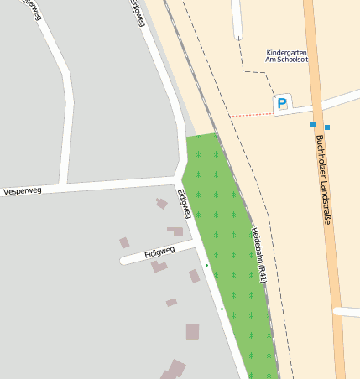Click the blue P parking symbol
click(x=282, y=104)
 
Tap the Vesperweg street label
click(x=23, y=191)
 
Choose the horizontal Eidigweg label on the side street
click(x=159, y=251)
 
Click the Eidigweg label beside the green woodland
click(x=185, y=204)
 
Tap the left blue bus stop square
click(x=313, y=124)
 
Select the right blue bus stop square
click(x=327, y=127)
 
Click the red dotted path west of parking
click(x=249, y=113)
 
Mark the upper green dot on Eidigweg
click(x=206, y=266)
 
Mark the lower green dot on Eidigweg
click(x=222, y=309)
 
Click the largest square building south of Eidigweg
click(x=193, y=331)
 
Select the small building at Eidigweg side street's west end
click(x=124, y=243)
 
